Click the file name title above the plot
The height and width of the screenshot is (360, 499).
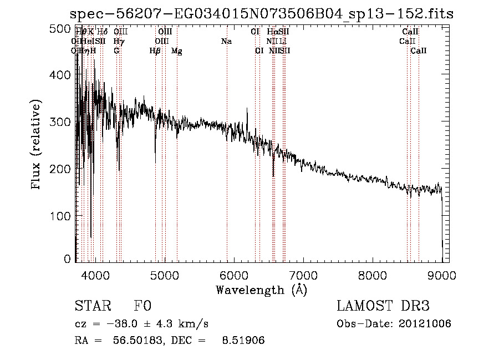pyautogui.click(x=262, y=14)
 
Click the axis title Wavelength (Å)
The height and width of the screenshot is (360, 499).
pyautogui.click(x=261, y=290)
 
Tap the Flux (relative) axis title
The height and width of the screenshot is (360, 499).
pyautogui.click(x=37, y=145)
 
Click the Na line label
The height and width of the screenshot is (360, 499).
pyautogui.click(x=226, y=42)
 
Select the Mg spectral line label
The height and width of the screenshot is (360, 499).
pyautogui.click(x=177, y=51)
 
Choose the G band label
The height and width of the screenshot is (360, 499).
pyautogui.click(x=116, y=51)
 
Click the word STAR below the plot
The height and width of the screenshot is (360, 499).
pyautogui.click(x=91, y=306)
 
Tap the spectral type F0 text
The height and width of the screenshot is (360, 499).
pyautogui.click(x=142, y=306)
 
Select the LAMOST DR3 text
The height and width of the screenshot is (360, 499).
pyautogui.click(x=383, y=306)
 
